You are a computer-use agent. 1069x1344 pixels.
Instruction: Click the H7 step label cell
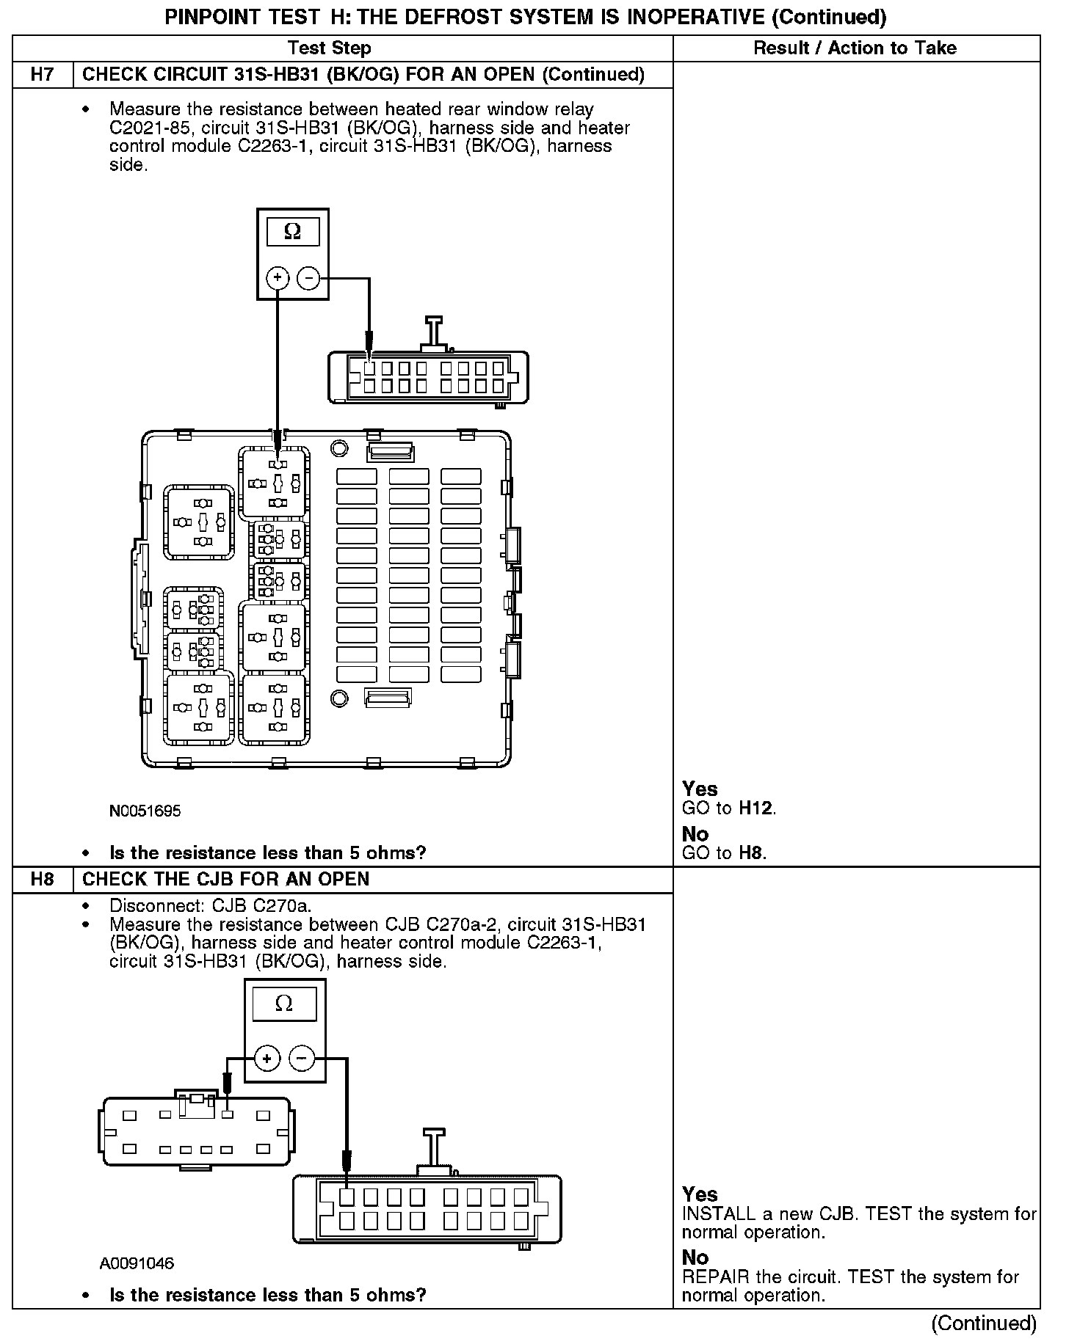(x=43, y=75)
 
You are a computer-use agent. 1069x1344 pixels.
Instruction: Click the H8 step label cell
(x=43, y=880)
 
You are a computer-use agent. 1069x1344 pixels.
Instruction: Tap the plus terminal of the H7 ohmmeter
(x=278, y=278)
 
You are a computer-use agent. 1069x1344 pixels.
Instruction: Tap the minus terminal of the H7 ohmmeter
(x=308, y=278)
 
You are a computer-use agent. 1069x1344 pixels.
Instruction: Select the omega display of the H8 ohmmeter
(x=284, y=1004)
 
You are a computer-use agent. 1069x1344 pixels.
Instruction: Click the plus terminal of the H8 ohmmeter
(x=267, y=1059)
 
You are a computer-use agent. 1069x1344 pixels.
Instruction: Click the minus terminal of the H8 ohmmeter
(x=302, y=1059)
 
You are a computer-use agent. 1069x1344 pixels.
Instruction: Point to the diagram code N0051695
(x=145, y=811)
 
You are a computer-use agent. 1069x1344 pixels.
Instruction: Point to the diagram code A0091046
(x=137, y=1263)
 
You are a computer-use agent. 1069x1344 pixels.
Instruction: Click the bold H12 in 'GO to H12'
(x=756, y=808)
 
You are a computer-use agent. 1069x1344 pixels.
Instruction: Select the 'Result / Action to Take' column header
(x=855, y=48)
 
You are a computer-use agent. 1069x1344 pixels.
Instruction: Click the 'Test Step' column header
(x=329, y=48)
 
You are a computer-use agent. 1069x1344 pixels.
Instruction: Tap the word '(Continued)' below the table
(x=984, y=1323)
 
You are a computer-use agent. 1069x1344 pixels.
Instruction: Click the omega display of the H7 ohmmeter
(x=292, y=232)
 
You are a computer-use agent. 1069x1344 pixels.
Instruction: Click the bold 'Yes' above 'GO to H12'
(x=700, y=789)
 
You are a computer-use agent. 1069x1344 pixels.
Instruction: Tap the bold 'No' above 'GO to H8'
(x=695, y=834)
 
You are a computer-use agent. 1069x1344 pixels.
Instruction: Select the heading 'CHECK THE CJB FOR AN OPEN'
(x=226, y=880)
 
